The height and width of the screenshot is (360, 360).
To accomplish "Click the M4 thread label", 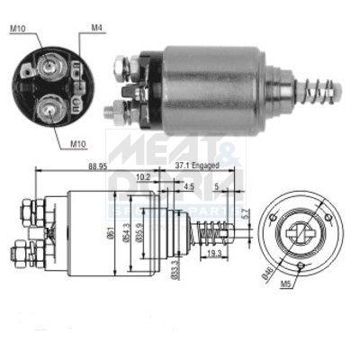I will click(x=96, y=28).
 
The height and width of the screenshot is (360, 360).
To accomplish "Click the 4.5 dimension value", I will click(x=189, y=187).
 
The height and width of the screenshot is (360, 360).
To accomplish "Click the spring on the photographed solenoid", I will click(x=319, y=91).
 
